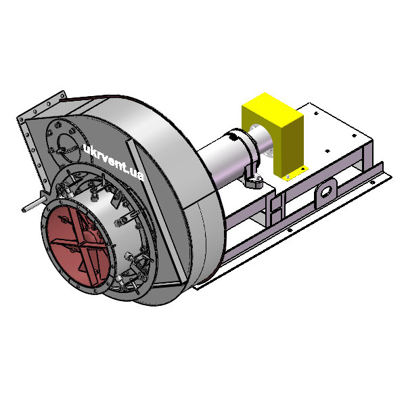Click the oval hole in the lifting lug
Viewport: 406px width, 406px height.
click(326, 191)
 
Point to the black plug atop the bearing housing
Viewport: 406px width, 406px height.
click(234, 137)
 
